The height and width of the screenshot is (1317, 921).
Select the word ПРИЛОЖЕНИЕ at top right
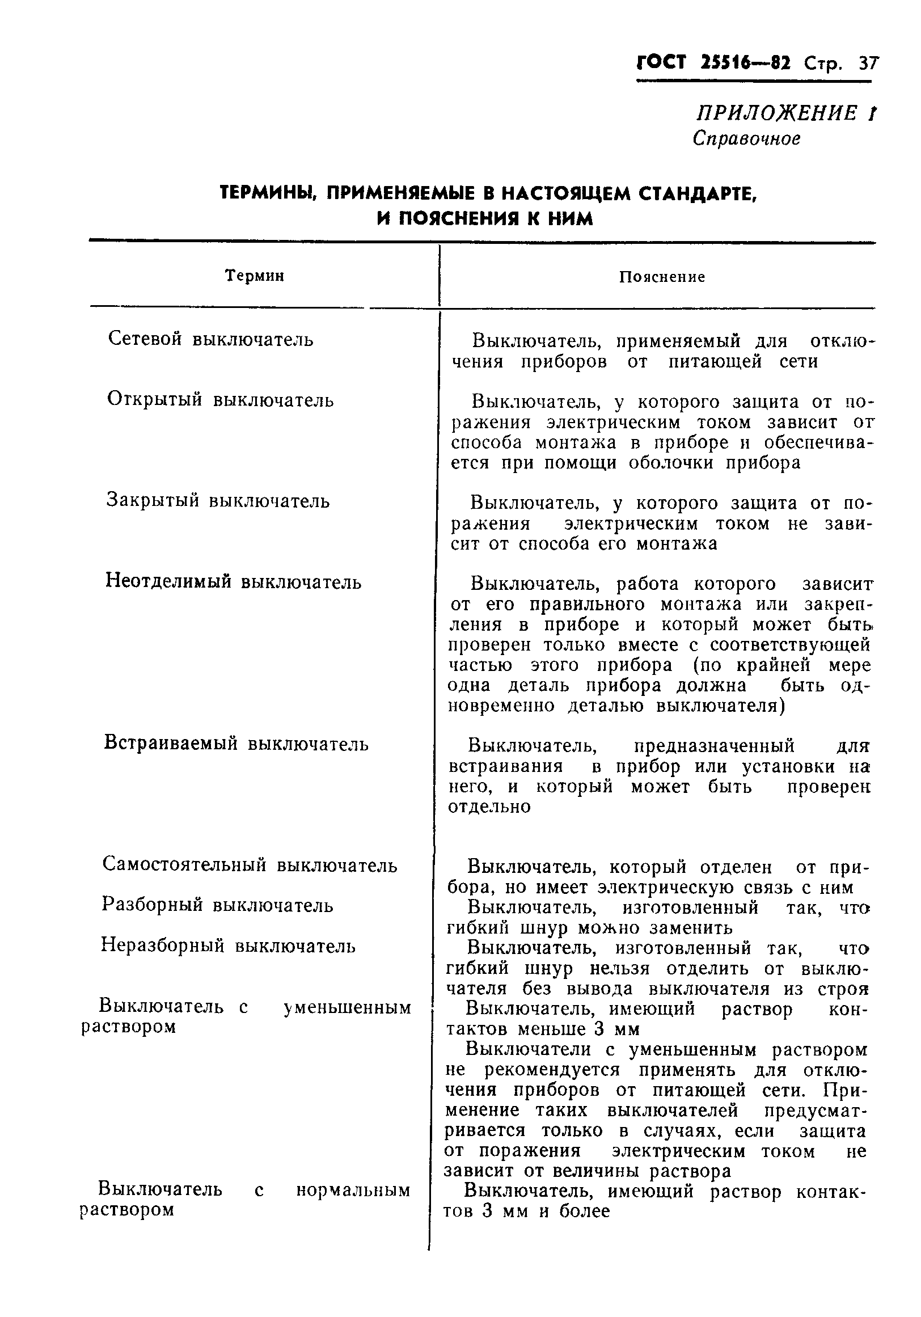click(x=775, y=113)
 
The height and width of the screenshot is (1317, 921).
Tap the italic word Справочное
click(x=746, y=139)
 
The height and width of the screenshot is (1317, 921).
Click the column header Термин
click(x=255, y=276)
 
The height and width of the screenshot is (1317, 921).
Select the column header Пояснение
click(x=662, y=277)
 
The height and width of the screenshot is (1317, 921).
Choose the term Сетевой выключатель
click(x=210, y=339)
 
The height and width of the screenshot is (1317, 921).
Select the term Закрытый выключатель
click(x=218, y=501)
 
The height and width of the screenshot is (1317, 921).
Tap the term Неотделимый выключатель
click(x=234, y=582)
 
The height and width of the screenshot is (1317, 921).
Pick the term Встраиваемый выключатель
click(x=236, y=744)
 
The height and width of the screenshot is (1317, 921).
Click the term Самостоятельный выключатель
click(x=250, y=865)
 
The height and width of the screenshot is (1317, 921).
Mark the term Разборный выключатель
click(x=217, y=905)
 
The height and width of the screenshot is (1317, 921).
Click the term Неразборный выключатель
click(x=228, y=945)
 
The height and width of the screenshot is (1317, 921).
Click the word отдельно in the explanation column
click(x=489, y=807)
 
